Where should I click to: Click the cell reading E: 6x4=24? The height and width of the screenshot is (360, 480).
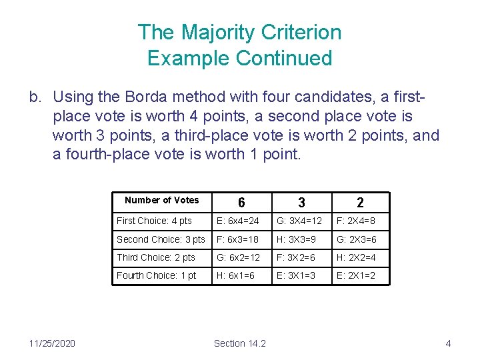point(237,221)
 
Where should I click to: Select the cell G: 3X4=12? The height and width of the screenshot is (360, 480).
point(299,221)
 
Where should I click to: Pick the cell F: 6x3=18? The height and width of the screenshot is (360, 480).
point(237,239)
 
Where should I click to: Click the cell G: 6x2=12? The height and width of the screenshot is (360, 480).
point(237,257)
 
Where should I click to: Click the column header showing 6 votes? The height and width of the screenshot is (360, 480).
point(241,203)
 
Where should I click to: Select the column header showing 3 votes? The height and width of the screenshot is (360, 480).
point(301,203)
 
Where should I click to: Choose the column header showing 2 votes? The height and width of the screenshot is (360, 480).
point(360,203)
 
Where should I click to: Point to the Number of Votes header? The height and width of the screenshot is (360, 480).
point(161,200)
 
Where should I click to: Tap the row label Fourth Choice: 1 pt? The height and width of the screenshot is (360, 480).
point(157,275)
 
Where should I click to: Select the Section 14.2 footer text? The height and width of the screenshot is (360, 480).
point(239,343)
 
